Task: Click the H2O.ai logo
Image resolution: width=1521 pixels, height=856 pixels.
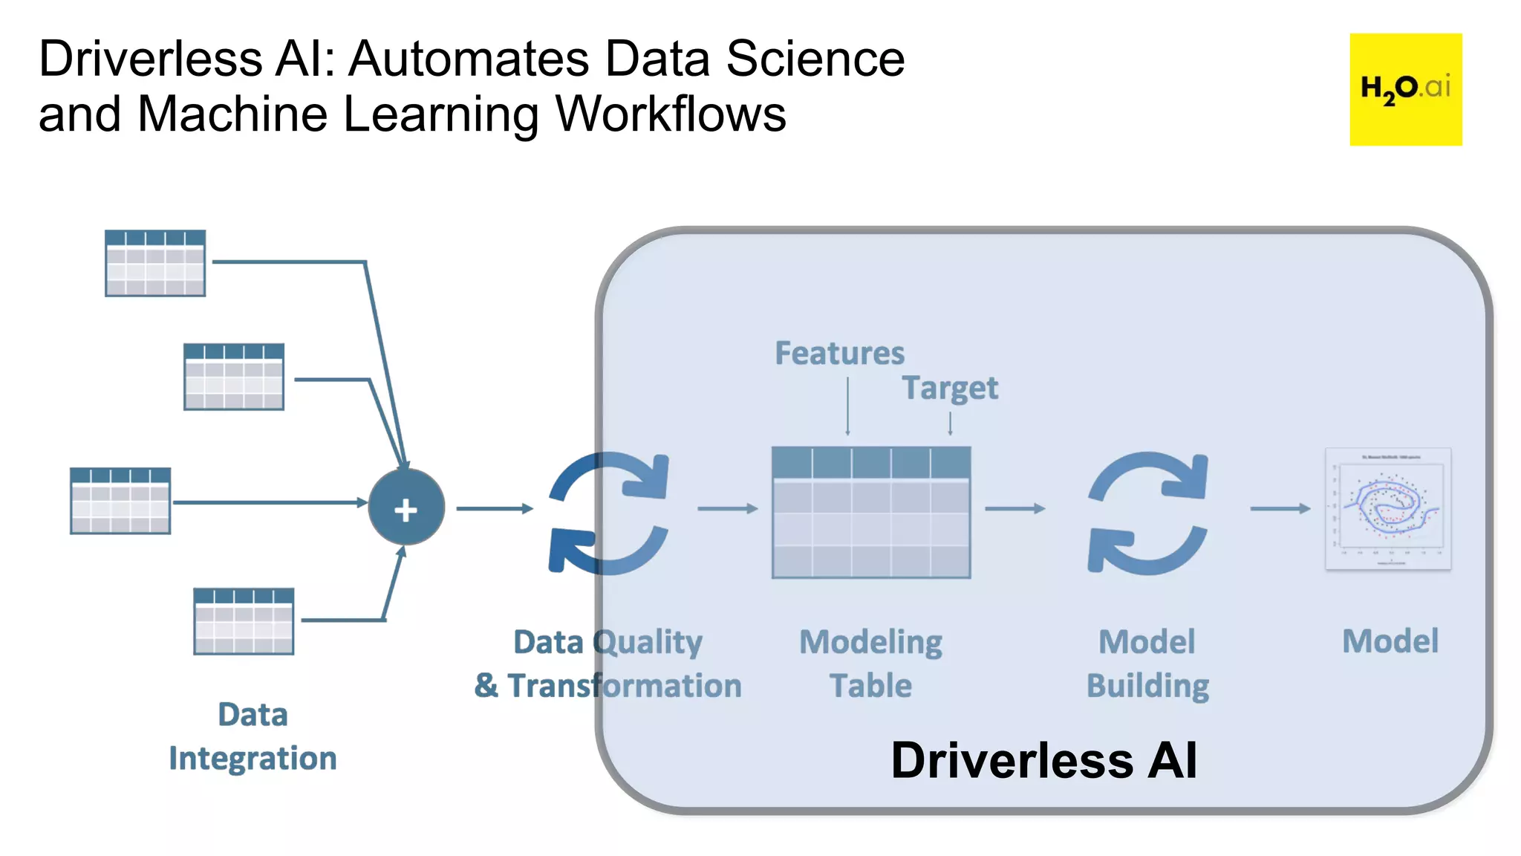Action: (x=1405, y=89)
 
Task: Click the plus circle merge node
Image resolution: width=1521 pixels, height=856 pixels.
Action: (x=406, y=508)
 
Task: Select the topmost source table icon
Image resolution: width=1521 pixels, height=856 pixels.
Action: (x=155, y=263)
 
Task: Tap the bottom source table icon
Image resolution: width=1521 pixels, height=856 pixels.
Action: (x=244, y=621)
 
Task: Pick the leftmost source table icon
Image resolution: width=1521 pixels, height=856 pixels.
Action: (x=120, y=500)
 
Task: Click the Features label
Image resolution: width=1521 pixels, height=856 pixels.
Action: (x=839, y=353)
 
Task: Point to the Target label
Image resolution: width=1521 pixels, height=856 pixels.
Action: (x=950, y=388)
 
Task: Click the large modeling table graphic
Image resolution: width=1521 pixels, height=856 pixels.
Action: (x=871, y=512)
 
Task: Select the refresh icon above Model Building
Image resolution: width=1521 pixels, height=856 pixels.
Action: (x=1147, y=512)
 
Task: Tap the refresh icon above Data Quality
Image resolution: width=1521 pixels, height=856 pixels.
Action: (x=609, y=512)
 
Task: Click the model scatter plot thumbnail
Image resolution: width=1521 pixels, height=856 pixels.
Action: (x=1388, y=509)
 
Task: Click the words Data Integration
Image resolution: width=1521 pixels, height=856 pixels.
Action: (x=253, y=736)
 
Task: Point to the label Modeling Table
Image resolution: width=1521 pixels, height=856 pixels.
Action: (x=870, y=664)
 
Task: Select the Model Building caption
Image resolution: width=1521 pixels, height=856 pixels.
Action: (x=1147, y=664)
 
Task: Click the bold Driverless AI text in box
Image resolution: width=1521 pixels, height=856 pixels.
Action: (x=1043, y=760)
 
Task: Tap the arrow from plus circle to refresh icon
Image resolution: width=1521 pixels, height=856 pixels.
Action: (x=494, y=508)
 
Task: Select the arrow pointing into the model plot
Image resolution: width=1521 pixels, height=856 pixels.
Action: (x=1280, y=508)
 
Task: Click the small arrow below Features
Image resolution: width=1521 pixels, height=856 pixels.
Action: (x=847, y=406)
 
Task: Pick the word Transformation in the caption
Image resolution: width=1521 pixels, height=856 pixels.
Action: (x=625, y=685)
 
